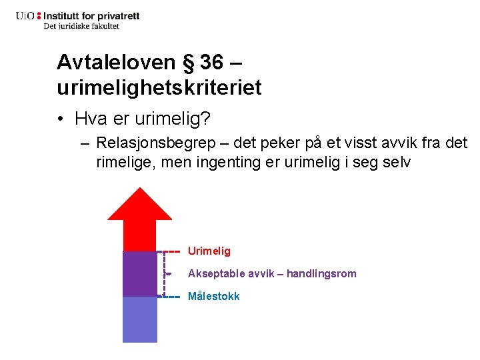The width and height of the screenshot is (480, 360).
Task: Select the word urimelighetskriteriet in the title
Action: tap(159, 87)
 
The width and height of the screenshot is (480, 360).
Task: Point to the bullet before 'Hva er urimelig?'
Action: tap(61, 119)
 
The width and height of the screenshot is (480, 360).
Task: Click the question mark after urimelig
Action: tap(206, 119)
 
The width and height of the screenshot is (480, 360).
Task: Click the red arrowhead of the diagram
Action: tap(140, 213)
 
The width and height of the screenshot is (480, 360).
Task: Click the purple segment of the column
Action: tap(140, 273)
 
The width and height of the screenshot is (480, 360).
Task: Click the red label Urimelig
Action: tap(209, 251)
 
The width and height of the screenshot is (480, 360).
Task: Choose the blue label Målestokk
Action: tap(213, 296)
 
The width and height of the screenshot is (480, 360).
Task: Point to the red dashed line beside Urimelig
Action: tap(172, 251)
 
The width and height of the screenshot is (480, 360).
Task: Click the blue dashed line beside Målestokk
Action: tap(172, 296)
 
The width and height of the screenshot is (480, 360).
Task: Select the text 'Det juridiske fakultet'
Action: tap(81, 26)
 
